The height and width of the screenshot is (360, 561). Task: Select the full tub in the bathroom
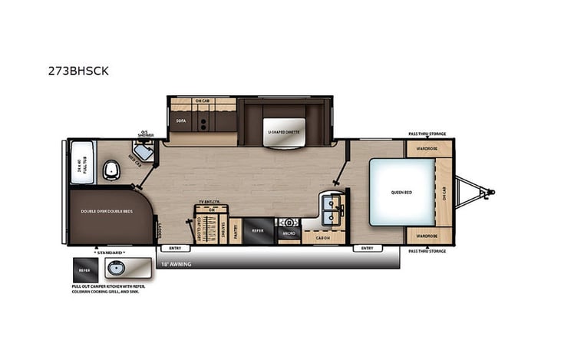click(x=81, y=163)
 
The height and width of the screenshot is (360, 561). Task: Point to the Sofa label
click(x=181, y=121)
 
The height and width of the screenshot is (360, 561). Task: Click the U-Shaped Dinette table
click(x=283, y=130)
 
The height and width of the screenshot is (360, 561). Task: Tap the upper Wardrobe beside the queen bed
click(x=427, y=147)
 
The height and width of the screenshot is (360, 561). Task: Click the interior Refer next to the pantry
click(x=259, y=229)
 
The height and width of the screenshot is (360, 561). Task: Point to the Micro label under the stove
click(x=289, y=232)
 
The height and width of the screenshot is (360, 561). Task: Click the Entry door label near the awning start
click(x=174, y=249)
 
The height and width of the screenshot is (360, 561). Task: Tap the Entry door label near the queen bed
click(x=366, y=249)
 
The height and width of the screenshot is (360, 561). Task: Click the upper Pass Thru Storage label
click(x=427, y=134)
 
